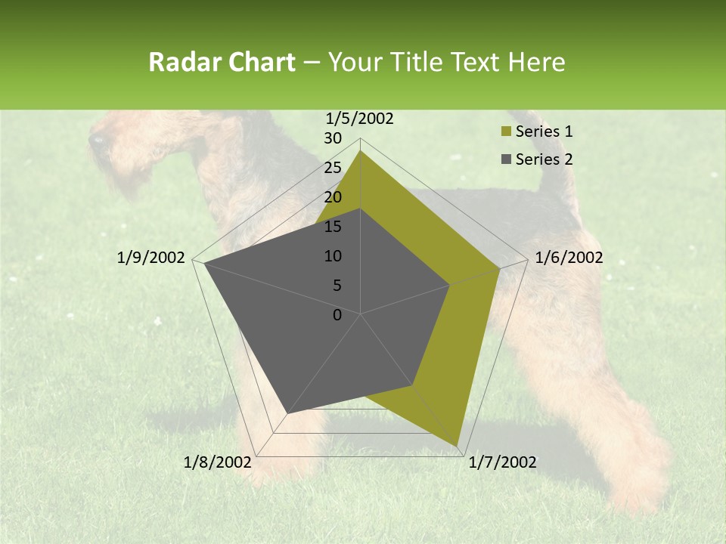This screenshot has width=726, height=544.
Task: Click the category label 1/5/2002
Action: click(x=360, y=118)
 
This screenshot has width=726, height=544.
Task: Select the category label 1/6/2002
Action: click(x=569, y=258)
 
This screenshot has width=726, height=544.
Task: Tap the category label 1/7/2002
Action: click(x=502, y=462)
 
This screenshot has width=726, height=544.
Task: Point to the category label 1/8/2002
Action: click(x=218, y=462)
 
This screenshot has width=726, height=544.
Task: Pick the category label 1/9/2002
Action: click(x=151, y=258)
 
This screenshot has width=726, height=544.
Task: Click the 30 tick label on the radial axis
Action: click(x=333, y=138)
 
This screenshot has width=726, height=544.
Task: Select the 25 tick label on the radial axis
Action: click(x=333, y=168)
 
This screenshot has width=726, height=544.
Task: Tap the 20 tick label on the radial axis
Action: click(x=333, y=197)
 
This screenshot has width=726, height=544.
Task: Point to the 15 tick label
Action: click(x=333, y=227)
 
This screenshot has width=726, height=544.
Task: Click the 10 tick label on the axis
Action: click(x=333, y=256)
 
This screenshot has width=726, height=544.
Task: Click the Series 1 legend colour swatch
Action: click(x=506, y=131)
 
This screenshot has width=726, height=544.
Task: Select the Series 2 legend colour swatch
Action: click(x=506, y=159)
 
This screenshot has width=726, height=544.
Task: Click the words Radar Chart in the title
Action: click(x=222, y=62)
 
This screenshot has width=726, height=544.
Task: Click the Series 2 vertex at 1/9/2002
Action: click(x=204, y=263)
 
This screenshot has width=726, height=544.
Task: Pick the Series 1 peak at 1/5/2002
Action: click(x=361, y=151)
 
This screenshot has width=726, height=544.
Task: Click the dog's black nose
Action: click(x=96, y=140)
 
